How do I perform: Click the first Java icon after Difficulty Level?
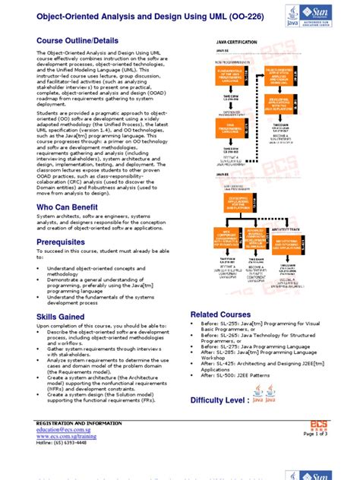258,399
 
